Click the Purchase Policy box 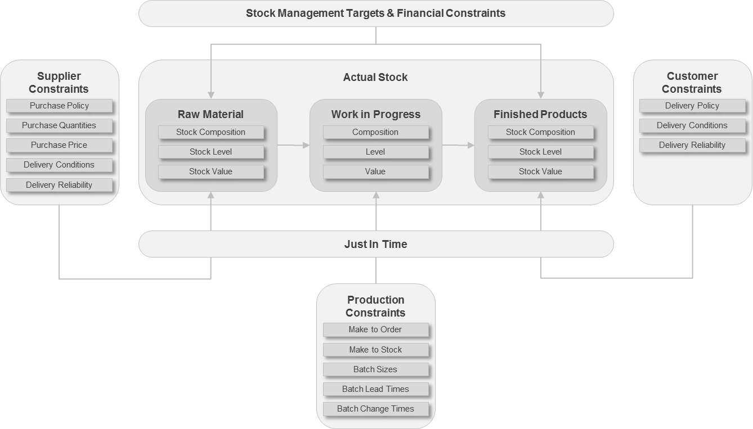point(59,106)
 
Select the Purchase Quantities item point(59,125)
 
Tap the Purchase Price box point(59,145)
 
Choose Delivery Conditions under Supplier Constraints point(59,165)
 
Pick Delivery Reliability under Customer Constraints point(692,145)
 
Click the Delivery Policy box point(692,106)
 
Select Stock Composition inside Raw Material point(210,132)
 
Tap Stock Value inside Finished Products point(540,171)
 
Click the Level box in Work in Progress point(375,152)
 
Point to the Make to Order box point(375,329)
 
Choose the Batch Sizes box point(375,369)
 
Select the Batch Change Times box point(375,409)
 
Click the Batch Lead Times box point(375,389)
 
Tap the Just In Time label point(375,244)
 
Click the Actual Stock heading point(375,77)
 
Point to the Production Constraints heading point(375,306)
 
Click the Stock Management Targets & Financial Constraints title point(375,13)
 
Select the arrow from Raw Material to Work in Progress point(293,145)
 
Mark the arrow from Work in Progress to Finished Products point(458,145)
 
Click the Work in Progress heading point(375,114)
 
